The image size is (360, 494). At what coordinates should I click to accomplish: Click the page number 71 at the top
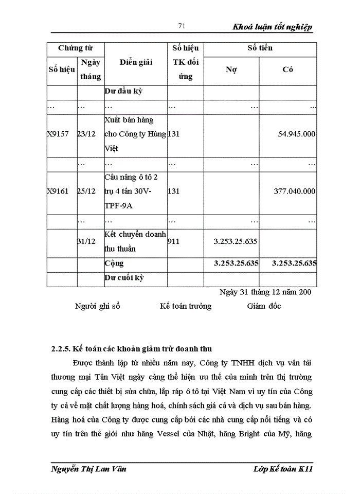[181, 27]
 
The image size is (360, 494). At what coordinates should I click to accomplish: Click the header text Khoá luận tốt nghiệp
[272, 27]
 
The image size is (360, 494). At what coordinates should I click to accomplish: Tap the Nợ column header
[231, 69]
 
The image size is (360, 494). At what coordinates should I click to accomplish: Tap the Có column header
[287, 69]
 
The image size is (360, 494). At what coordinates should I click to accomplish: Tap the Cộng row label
[114, 263]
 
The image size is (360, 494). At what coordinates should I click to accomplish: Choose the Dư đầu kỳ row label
[123, 92]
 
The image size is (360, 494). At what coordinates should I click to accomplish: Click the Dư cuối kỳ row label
[124, 277]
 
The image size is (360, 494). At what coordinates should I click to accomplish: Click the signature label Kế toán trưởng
[185, 306]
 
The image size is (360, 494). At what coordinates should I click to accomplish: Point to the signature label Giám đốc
[264, 306]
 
